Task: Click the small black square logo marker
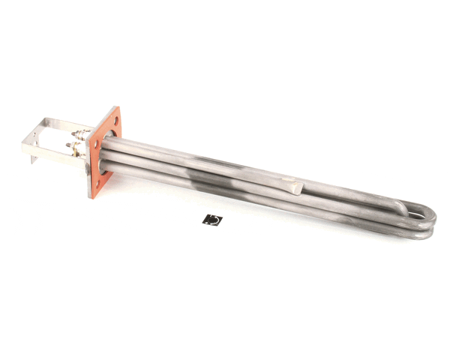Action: (213, 220)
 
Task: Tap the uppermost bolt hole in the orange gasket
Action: (115, 121)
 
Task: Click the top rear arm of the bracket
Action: (67, 122)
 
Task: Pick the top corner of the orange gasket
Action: (118, 108)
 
